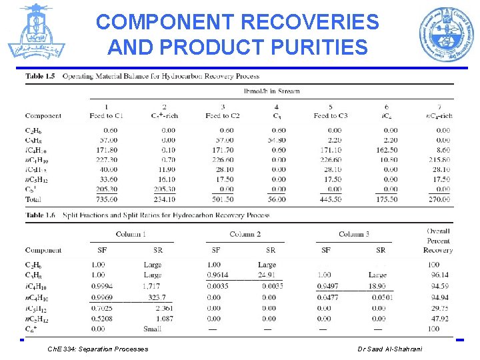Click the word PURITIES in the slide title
[x=321, y=47]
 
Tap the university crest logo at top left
[x=36, y=32]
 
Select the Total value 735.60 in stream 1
[x=107, y=199]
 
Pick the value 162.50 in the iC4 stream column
[x=387, y=150]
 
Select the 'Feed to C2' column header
[x=223, y=116]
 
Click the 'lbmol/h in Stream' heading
[x=272, y=91]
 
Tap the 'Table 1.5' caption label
[x=40, y=76]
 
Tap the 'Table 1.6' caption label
[x=40, y=215]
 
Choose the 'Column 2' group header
[x=245, y=234]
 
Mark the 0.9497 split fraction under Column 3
[x=327, y=286]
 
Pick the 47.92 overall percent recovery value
[x=439, y=319]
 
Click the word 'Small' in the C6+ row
[x=152, y=329]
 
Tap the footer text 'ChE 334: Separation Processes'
[x=98, y=349]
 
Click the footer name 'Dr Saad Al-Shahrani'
[x=389, y=349]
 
